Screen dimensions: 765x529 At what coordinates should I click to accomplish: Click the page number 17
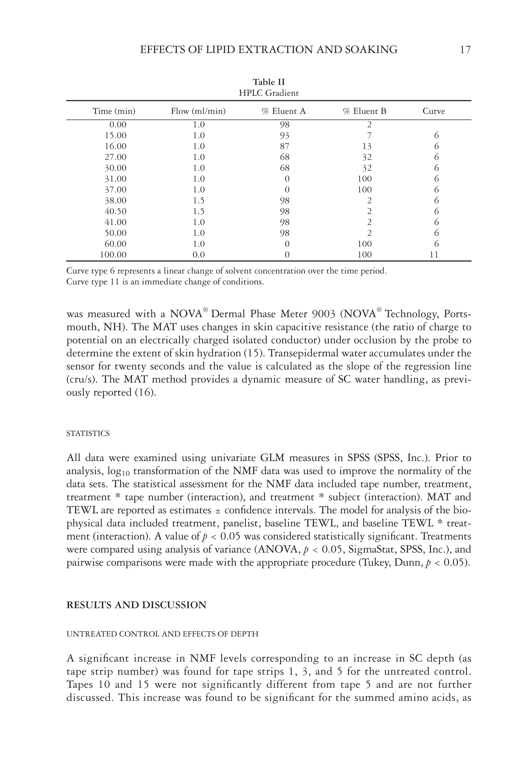tap(465, 50)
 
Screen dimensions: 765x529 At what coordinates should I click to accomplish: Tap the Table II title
tap(268, 82)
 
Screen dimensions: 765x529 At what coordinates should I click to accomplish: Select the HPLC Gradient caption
tap(268, 93)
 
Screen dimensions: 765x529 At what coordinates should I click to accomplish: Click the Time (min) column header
tap(114, 111)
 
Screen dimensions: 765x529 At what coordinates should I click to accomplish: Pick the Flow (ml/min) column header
tap(198, 111)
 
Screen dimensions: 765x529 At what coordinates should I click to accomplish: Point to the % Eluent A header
tap(284, 111)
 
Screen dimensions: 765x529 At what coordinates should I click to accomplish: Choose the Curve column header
tap(434, 111)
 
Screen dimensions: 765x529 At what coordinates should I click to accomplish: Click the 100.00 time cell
tap(114, 255)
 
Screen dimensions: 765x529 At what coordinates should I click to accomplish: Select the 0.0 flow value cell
tap(198, 255)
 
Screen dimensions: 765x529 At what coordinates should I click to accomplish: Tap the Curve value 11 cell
tap(434, 255)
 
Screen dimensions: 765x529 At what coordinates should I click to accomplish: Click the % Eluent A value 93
tap(284, 136)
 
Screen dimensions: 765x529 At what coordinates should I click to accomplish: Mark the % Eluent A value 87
tap(284, 146)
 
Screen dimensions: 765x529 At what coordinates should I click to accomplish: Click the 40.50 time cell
tap(115, 211)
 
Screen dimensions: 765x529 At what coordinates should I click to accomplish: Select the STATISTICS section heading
tap(88, 434)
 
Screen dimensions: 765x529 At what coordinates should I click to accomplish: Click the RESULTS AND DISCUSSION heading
tap(136, 605)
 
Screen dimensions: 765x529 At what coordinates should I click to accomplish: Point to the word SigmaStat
tap(377, 549)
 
